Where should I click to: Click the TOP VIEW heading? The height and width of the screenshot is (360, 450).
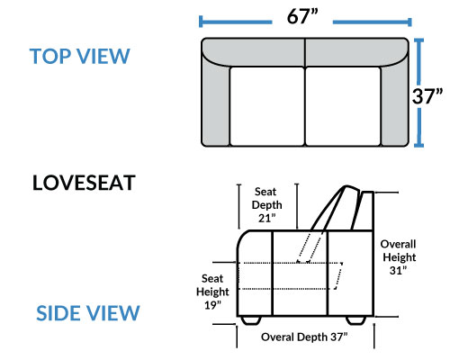(x=79, y=56)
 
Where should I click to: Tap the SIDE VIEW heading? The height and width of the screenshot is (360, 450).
(x=88, y=313)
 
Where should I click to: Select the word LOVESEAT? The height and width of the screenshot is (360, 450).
(x=84, y=183)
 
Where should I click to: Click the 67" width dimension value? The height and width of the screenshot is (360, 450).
(x=302, y=16)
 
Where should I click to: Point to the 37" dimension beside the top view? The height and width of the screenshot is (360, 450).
(x=427, y=96)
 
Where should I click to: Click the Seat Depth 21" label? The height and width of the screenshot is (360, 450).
(x=266, y=205)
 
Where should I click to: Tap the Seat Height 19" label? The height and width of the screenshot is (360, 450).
(x=212, y=292)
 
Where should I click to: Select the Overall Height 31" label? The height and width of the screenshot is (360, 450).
(x=399, y=257)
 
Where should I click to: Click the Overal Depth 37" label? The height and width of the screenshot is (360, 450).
(x=304, y=337)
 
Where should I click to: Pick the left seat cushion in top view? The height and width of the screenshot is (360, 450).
(x=267, y=106)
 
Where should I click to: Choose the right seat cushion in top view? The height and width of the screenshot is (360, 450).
(x=343, y=106)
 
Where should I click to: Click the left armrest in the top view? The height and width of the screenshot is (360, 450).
(x=215, y=102)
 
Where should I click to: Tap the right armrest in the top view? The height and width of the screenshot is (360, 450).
(x=395, y=102)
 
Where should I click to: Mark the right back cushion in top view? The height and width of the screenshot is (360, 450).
(x=355, y=51)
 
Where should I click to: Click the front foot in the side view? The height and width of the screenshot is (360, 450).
(x=251, y=320)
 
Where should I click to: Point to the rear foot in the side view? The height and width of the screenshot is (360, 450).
(x=355, y=320)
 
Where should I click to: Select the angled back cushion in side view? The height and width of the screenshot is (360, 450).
(x=335, y=208)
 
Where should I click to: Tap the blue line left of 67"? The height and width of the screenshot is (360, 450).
(x=236, y=22)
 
